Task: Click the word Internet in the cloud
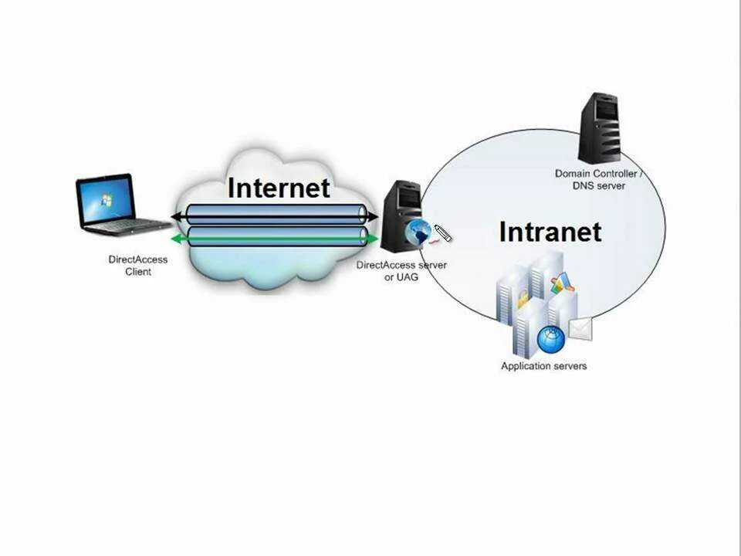(279, 188)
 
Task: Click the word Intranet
(550, 232)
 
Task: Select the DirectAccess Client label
(138, 266)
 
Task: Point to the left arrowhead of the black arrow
(177, 215)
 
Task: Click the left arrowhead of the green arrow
(177, 239)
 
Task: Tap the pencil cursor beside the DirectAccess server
(442, 233)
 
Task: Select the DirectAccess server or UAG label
(401, 270)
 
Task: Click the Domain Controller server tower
(601, 127)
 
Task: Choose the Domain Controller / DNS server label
(598, 179)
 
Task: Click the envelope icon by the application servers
(580, 328)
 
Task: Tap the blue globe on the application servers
(551, 339)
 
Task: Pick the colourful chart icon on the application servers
(561, 283)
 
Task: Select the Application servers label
(543, 365)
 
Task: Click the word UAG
(408, 276)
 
